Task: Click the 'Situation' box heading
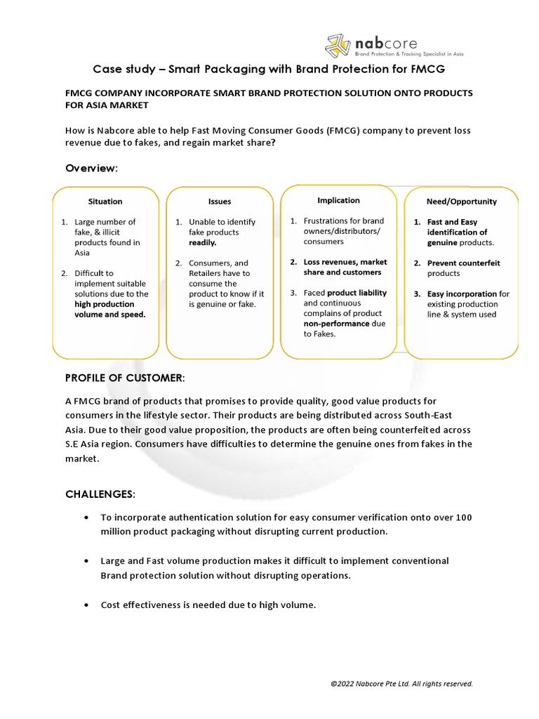(105, 202)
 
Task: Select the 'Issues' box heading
(219, 202)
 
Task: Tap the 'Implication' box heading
(338, 200)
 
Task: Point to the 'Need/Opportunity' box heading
(461, 202)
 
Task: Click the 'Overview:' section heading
(92, 169)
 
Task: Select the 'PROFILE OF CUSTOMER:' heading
(125, 378)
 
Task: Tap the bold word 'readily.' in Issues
(203, 242)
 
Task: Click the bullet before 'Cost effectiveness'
(85, 605)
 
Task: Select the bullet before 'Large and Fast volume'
(85, 561)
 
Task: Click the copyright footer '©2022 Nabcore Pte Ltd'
(401, 683)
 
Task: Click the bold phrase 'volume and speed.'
(110, 315)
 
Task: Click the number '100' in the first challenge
(463, 517)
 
